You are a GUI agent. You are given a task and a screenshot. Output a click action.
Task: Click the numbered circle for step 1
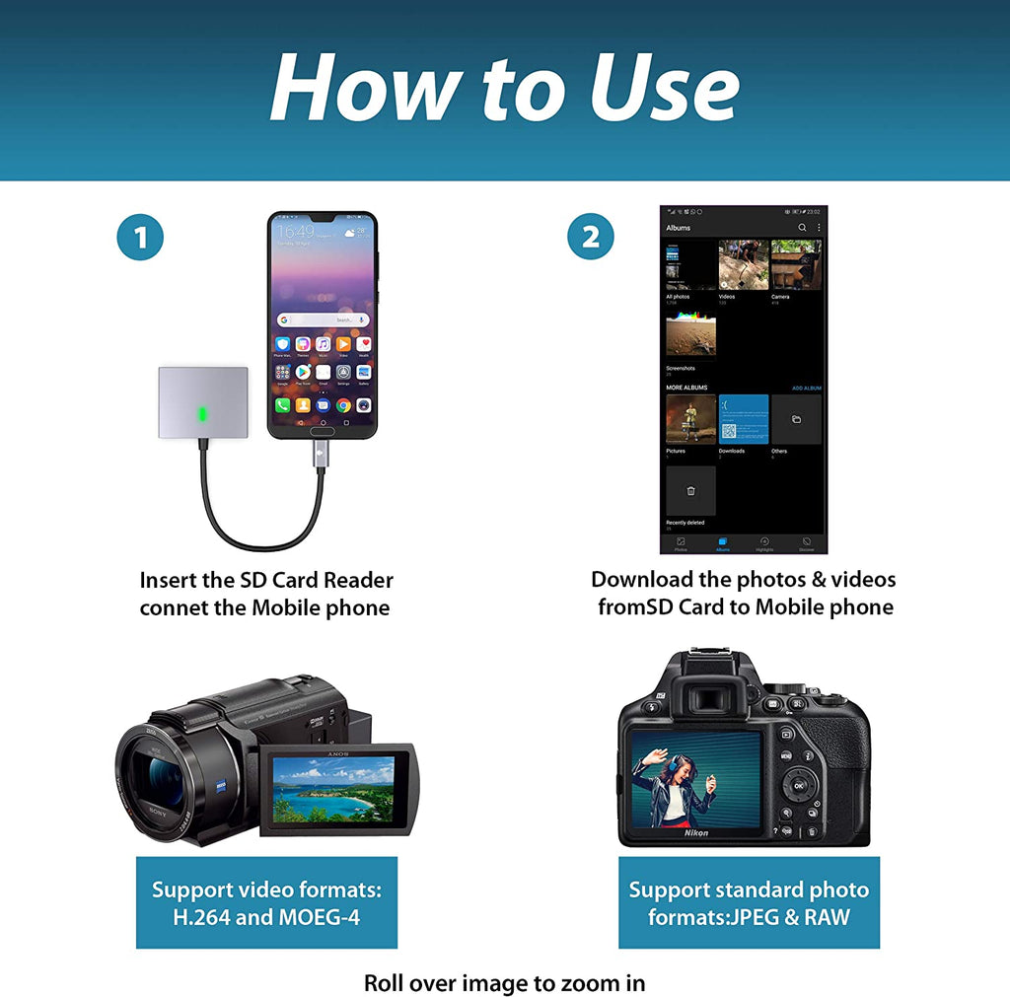pos(140,238)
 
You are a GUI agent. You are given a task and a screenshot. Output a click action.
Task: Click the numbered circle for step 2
pos(590,238)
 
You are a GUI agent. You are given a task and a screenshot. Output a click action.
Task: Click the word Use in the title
pos(664,88)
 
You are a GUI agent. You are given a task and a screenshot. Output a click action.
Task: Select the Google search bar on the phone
pos(322,320)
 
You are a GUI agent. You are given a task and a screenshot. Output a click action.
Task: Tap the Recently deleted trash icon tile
pos(690,490)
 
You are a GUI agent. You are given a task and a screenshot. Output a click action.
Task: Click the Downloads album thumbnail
pos(743,419)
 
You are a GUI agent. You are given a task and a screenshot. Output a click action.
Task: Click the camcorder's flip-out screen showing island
pos(336,788)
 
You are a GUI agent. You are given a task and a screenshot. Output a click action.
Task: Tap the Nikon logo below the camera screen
pos(696,833)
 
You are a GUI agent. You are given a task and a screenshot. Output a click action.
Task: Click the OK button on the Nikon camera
pos(797,786)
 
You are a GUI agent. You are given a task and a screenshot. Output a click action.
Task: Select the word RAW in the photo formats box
pos(826,917)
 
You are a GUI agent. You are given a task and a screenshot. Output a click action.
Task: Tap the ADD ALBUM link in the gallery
pos(806,389)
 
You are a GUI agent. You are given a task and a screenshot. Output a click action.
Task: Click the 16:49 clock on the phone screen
pos(295,231)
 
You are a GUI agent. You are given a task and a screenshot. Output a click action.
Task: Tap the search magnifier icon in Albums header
pos(802,228)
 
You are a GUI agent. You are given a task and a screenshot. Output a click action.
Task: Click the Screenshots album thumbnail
pos(690,336)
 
